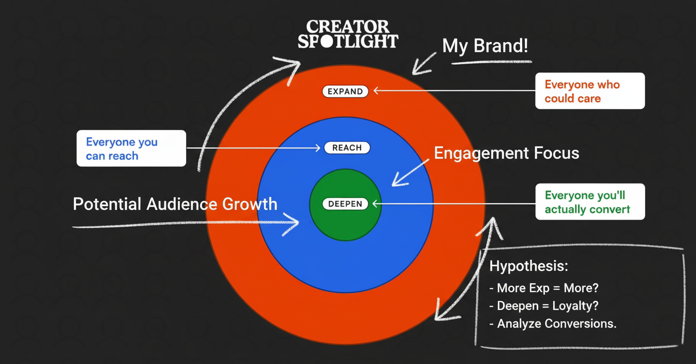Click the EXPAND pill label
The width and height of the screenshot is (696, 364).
pyautogui.click(x=345, y=91)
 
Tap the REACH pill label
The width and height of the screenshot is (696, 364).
pyautogui.click(x=347, y=148)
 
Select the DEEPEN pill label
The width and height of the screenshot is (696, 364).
pyautogui.click(x=345, y=204)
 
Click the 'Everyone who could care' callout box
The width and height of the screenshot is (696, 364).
pyautogui.click(x=590, y=91)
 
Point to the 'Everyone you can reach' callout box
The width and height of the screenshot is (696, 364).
pyautogui.click(x=131, y=148)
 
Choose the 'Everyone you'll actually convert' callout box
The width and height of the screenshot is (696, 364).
pyautogui.click(x=590, y=202)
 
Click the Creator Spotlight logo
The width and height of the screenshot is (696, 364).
pyautogui.click(x=348, y=34)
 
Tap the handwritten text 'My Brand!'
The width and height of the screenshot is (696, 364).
pyautogui.click(x=485, y=46)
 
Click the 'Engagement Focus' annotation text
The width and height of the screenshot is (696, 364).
pyautogui.click(x=506, y=153)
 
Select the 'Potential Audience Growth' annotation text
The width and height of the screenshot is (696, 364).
pyautogui.click(x=175, y=204)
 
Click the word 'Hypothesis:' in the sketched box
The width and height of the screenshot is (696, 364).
pyautogui.click(x=528, y=266)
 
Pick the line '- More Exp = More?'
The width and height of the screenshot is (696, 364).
pyautogui.click(x=543, y=288)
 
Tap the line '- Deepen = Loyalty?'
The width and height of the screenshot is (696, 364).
pyautogui.click(x=543, y=306)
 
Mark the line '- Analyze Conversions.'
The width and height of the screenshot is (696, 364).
pyautogui.click(x=553, y=323)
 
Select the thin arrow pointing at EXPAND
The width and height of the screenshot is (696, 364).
pyautogui.click(x=455, y=91)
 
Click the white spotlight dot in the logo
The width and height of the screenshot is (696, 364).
pyautogui.click(x=327, y=41)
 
